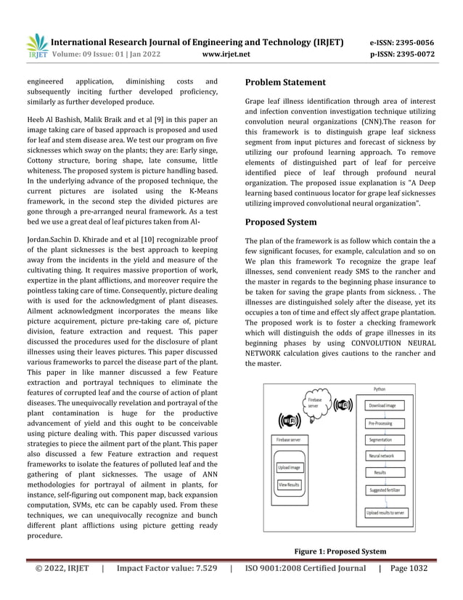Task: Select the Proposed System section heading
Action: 281,222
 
